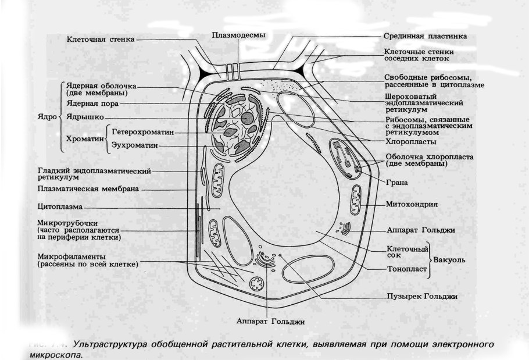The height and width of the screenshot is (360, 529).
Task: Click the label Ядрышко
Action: [x=85, y=117]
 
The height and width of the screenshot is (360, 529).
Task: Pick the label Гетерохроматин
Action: [x=143, y=132]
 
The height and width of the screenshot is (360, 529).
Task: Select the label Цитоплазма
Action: [x=60, y=206]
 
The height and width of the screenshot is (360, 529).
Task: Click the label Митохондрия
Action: [x=412, y=205]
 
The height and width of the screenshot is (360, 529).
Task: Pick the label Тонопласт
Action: [x=408, y=269]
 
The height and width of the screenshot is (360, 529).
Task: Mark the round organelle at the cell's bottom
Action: [x=256, y=284]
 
